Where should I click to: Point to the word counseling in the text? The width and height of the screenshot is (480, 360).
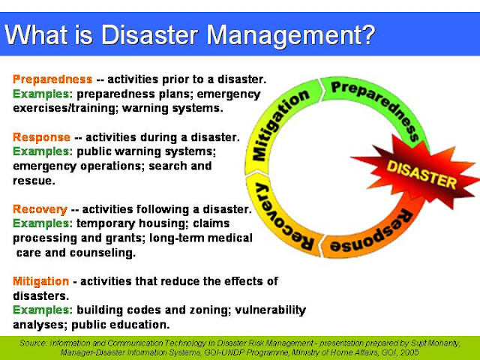click(x=106, y=253)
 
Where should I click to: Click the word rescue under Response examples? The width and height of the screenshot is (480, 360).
click(x=32, y=181)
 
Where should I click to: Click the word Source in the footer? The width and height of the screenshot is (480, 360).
click(x=35, y=341)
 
